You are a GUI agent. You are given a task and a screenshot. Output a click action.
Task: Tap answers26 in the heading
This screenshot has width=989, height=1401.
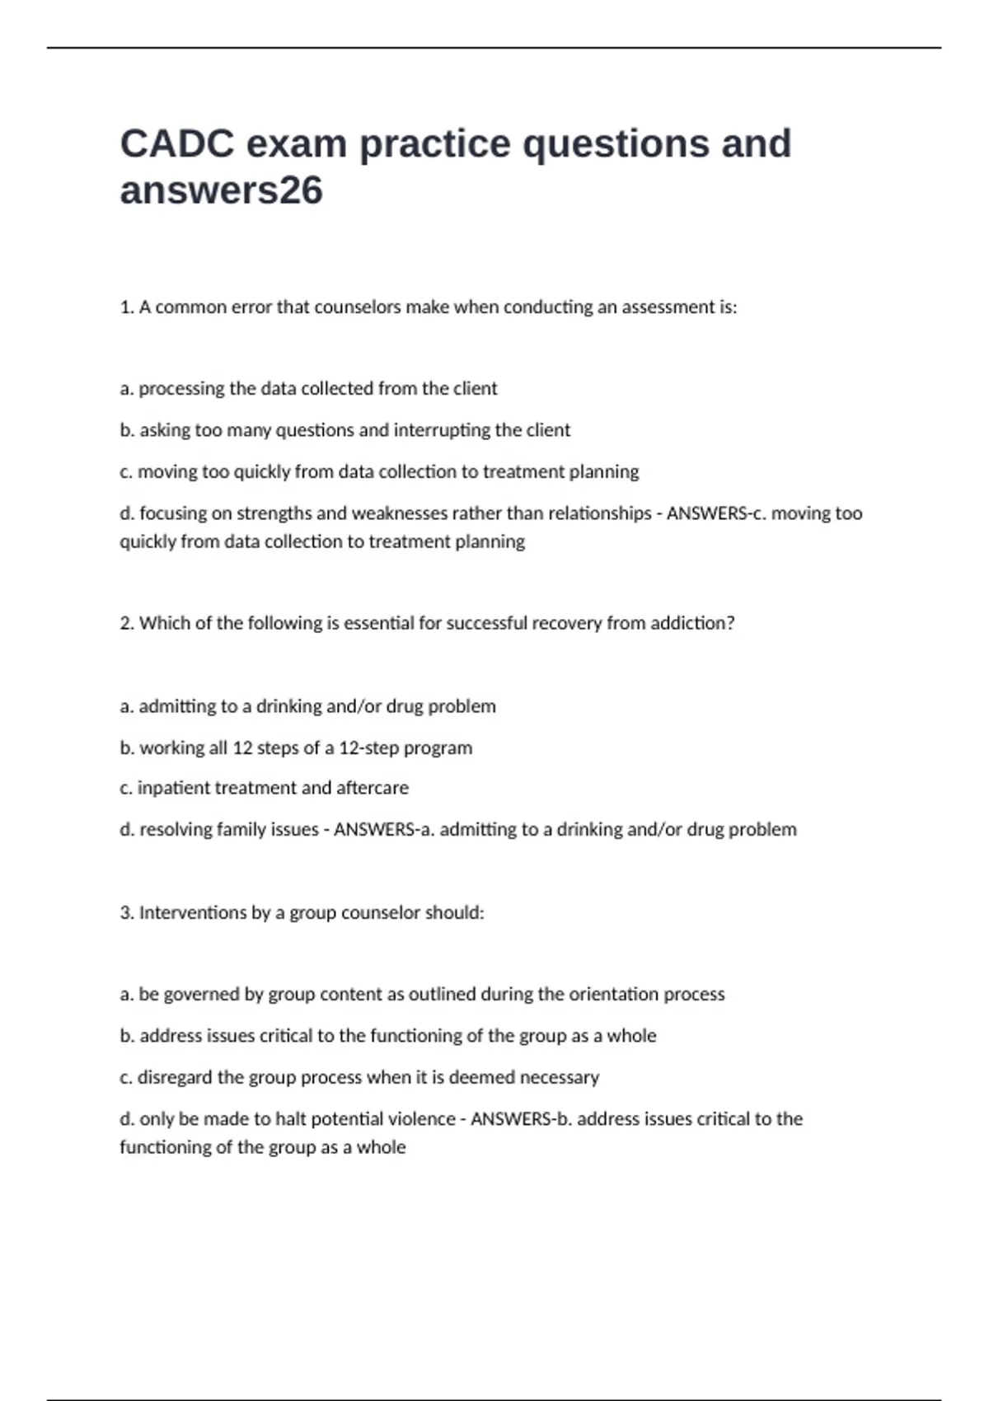221,190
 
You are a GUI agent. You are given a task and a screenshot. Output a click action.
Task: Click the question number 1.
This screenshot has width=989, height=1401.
126,307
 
